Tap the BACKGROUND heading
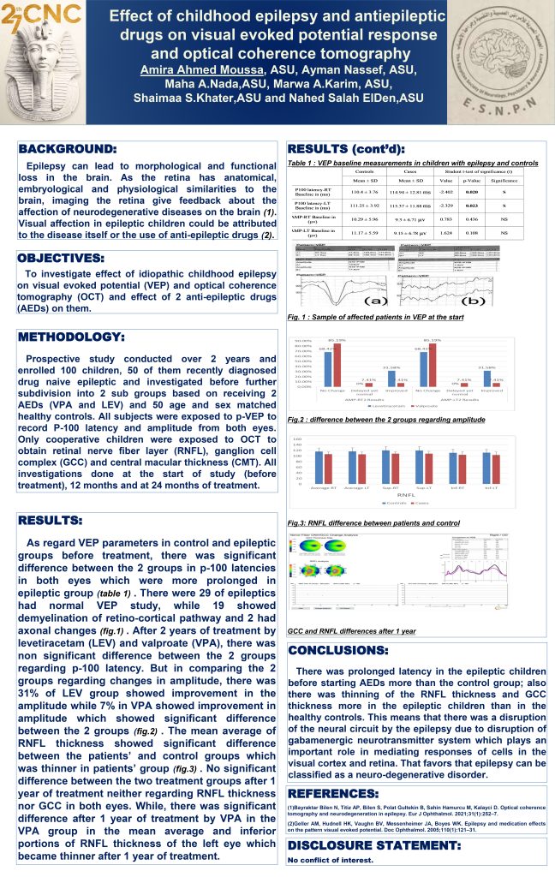pyautogui.click(x=68, y=149)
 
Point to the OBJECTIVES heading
pyautogui.click(x=63, y=257)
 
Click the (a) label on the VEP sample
pyautogui.click(x=377, y=302)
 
